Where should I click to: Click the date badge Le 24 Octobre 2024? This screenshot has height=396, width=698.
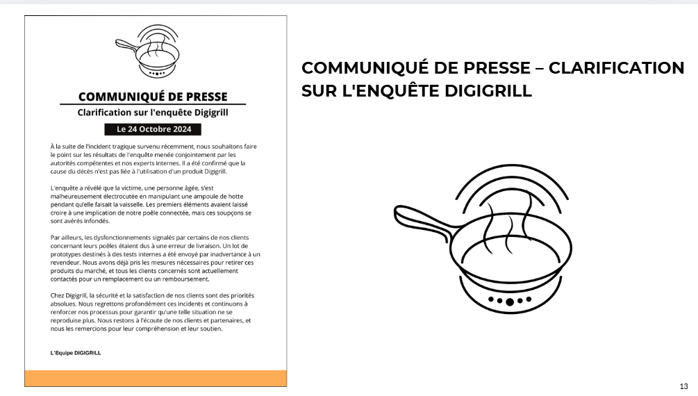pos(153,129)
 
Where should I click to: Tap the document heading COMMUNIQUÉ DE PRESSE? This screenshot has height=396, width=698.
pos(153,97)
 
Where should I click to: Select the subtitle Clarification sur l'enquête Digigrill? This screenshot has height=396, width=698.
pos(153,113)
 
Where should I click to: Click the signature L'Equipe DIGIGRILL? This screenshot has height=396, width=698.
pos(76,353)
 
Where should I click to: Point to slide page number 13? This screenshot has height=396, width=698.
pos(683,386)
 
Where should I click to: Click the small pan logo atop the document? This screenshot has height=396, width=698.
pos(148,51)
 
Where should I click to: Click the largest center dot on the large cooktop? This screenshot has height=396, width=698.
pos(510,302)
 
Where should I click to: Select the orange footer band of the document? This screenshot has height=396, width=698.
pos(156,378)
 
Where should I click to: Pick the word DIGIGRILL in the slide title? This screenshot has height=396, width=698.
pos(488,91)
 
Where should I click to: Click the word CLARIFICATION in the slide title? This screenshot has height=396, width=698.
pos(616,68)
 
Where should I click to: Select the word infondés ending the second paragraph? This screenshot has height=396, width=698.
pos(97,221)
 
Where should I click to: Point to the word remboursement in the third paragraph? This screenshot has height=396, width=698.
pos(188,279)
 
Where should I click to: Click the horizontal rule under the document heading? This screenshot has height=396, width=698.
pos(153,104)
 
